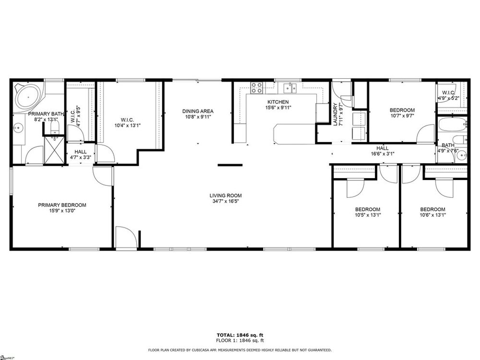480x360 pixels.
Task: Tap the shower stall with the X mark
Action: [54, 150]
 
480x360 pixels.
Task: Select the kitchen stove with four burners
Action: [256, 88]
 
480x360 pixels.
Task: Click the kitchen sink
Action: [290, 88]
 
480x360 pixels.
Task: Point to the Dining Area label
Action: [198, 111]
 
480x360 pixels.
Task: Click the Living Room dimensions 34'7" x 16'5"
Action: [226, 202]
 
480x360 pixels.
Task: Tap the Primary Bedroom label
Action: [62, 205]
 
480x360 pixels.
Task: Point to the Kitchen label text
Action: [278, 102]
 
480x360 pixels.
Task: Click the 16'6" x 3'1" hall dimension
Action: [383, 154]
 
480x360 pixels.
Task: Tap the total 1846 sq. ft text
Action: [240, 335]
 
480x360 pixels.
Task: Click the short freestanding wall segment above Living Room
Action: [230, 165]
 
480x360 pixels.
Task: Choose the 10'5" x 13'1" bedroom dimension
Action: [368, 215]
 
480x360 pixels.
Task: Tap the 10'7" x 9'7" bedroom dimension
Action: [402, 116]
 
